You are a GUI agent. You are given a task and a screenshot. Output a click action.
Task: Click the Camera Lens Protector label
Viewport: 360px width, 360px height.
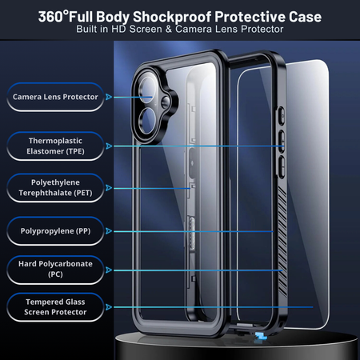pyautogui.click(x=55, y=97)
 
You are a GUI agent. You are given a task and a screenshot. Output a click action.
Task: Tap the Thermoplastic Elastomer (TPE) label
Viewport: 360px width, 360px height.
pyautogui.click(x=55, y=146)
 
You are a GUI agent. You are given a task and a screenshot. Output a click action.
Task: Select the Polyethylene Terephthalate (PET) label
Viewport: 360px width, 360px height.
pyautogui.click(x=55, y=188)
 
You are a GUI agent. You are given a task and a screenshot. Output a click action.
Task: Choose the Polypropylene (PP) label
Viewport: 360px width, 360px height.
pyautogui.click(x=55, y=231)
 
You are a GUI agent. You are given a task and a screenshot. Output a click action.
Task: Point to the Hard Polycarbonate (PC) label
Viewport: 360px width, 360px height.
pyautogui.click(x=55, y=270)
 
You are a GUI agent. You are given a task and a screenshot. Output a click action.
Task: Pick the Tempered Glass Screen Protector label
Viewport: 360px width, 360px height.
pyautogui.click(x=55, y=307)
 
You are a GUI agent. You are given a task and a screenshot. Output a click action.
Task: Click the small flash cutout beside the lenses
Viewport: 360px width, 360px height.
pyautogui.click(x=166, y=102)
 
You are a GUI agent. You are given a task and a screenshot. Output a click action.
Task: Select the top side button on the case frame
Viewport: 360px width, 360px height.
pyautogui.click(x=282, y=116)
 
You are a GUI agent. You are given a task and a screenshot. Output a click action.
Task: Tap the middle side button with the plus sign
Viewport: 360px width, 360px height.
pyautogui.click(x=282, y=142)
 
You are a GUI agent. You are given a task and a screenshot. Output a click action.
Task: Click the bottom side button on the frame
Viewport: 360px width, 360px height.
pyautogui.click(x=282, y=166)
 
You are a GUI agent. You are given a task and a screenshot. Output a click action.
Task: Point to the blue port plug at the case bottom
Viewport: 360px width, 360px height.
pyautogui.click(x=260, y=337)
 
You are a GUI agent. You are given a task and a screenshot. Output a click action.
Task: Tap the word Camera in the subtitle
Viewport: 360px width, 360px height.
pyautogui.click(x=194, y=29)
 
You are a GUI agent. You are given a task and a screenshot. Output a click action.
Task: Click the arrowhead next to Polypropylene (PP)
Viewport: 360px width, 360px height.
pyautogui.click(x=109, y=231)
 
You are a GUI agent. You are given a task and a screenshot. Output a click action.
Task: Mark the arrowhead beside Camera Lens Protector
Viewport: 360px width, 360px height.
pyautogui.click(x=109, y=97)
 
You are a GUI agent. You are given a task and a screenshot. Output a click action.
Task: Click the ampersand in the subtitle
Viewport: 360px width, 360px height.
pyautogui.click(x=169, y=29)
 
